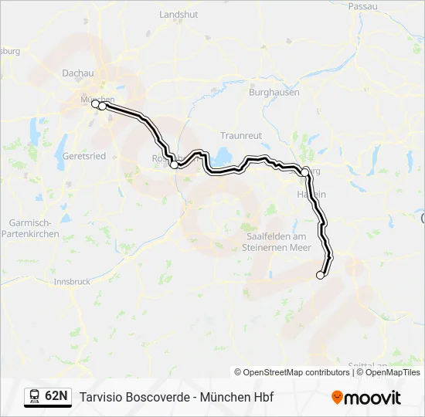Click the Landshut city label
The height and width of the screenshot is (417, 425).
tap(178, 15)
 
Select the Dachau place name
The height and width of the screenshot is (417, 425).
tap(77, 73)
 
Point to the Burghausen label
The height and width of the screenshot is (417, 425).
tap(274, 92)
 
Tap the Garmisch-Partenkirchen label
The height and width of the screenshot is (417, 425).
tap(32, 228)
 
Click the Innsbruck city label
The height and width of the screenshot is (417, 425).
tap(72, 282)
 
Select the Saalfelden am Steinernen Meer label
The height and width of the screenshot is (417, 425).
tap(277, 242)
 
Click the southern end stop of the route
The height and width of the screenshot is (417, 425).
tap(321, 275)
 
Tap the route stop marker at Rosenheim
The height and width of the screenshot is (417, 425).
tap(174, 164)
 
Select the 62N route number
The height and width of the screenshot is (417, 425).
tap(56, 397)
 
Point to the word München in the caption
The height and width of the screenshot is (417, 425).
tap(222, 397)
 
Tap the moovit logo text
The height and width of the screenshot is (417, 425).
tap(373, 398)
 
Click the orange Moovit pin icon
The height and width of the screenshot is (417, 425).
tap(337, 398)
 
